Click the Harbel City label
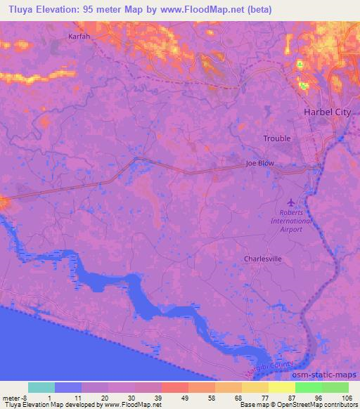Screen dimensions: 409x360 [326, 112]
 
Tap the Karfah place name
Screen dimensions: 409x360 [81, 36]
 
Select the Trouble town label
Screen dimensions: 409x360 [277, 138]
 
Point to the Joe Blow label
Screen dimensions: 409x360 [259, 163]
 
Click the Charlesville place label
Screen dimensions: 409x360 [262, 259]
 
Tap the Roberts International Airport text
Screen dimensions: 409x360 [292, 221]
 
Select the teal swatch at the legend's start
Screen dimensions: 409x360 [41, 387]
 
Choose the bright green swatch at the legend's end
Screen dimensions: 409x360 [335, 387]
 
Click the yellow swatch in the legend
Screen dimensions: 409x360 [281, 387]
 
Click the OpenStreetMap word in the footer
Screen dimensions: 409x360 [293, 405]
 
